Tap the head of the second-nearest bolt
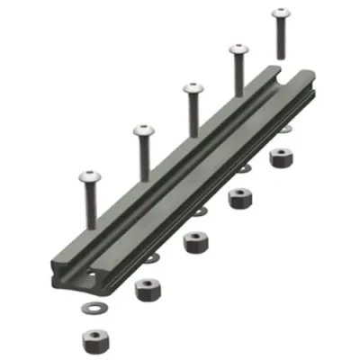141,131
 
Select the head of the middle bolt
193,89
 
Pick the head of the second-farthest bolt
238,51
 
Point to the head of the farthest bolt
280,15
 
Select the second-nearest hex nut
144,289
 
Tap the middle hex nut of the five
193,242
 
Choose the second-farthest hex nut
239,197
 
